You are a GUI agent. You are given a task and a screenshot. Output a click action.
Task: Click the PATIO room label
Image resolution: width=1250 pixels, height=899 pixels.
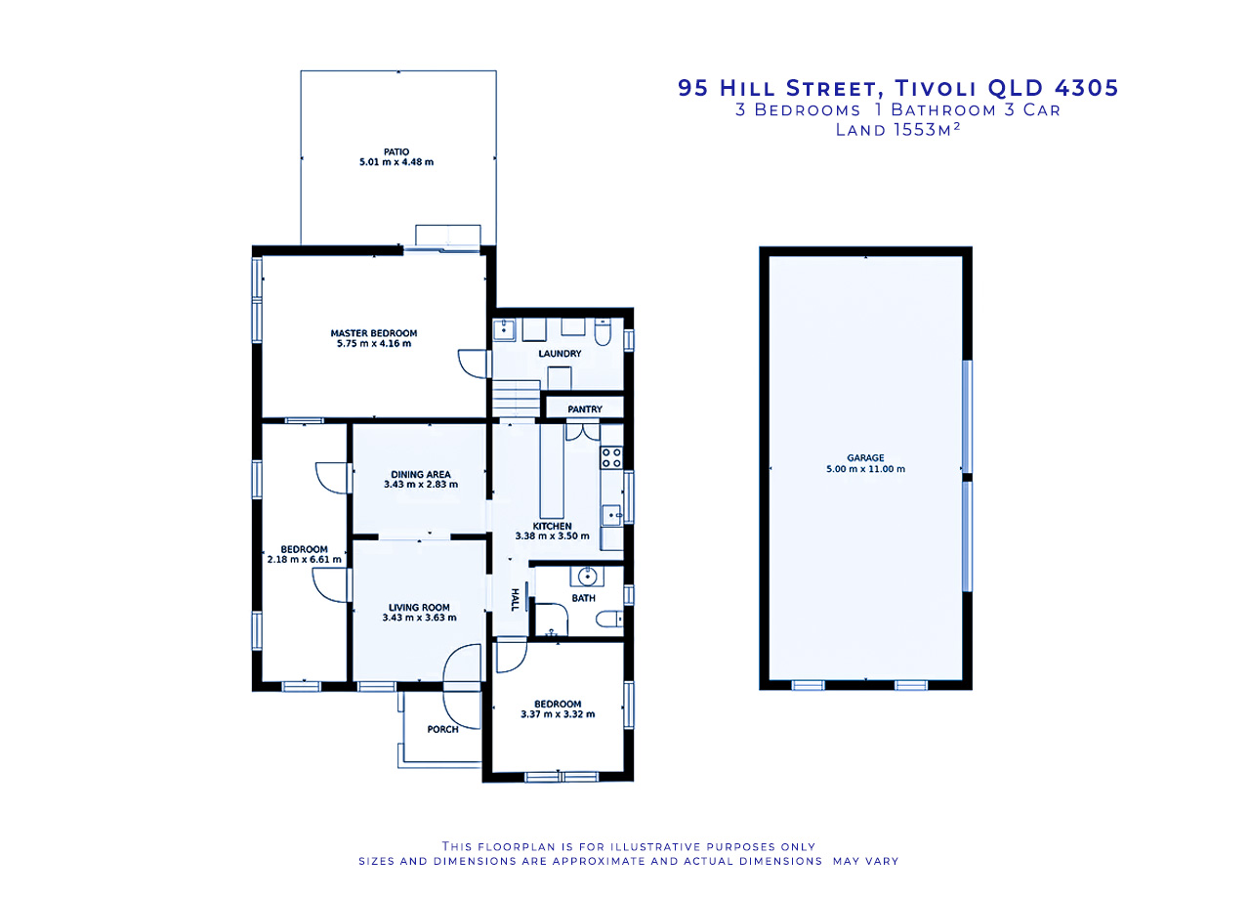point(396,151)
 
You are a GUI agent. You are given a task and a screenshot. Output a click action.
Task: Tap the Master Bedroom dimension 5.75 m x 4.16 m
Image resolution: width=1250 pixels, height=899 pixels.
point(374,343)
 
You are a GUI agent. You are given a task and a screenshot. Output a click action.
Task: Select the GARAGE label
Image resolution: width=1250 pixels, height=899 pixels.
point(865,458)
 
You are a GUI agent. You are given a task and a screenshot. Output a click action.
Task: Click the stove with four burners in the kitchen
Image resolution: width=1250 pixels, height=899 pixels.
point(611,457)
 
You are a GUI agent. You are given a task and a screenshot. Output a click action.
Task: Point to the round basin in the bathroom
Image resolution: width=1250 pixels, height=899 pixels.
point(587,576)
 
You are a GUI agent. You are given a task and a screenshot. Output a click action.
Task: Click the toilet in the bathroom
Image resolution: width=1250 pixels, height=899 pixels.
point(609,619)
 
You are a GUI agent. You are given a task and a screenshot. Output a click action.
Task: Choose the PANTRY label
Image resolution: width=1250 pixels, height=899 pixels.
point(585,409)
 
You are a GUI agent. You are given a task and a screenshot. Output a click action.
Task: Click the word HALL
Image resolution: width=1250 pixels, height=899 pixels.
point(515,600)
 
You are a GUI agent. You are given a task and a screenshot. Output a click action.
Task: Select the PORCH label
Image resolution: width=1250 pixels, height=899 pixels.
point(442,729)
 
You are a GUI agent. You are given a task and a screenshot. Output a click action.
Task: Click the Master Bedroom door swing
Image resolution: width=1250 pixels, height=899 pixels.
point(472,364)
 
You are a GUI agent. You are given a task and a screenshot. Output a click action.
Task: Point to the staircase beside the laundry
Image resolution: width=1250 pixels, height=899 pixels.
point(516,398)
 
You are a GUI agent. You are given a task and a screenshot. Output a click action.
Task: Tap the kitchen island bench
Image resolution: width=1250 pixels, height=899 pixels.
point(552,471)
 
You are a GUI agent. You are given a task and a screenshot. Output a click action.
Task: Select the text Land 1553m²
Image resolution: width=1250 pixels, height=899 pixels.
point(897,130)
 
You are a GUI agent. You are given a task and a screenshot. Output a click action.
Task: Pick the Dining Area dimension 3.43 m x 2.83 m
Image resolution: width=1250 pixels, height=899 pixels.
point(421,485)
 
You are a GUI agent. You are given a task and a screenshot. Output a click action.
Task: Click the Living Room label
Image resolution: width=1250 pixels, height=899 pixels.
point(419,608)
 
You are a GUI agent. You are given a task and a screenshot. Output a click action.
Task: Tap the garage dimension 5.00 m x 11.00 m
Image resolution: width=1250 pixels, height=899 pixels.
point(865,469)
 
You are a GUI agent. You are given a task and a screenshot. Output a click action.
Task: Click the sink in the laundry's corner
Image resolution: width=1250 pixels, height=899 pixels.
point(505,329)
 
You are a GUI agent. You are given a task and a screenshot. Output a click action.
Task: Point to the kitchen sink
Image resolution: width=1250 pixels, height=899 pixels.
point(611,515)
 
